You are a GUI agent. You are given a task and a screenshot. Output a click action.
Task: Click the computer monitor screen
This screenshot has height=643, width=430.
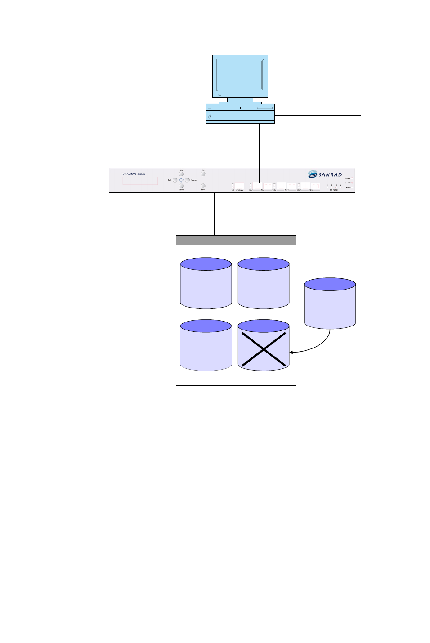pos(239,75)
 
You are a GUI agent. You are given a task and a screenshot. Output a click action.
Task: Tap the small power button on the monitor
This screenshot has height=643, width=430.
pos(219,94)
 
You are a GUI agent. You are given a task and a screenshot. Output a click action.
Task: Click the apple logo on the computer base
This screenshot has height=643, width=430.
pos(210,116)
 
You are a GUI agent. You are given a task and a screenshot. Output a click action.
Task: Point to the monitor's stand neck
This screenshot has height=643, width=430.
pos(240,99)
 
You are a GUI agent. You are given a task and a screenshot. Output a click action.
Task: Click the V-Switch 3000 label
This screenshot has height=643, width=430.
pos(134,174)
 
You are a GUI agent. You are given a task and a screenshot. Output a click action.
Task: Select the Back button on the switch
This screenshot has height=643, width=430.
pos(175,180)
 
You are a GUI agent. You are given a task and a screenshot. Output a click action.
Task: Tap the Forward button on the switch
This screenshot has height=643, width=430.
pos(187,180)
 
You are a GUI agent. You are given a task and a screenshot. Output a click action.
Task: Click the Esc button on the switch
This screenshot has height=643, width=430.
pos(203,174)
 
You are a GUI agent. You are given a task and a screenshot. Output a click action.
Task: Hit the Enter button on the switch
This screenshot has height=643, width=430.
pos(203,185)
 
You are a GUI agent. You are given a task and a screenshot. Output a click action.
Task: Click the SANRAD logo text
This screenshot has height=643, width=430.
pos(330,175)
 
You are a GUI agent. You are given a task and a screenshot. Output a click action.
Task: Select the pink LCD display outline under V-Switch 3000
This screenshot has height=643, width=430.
pos(140,181)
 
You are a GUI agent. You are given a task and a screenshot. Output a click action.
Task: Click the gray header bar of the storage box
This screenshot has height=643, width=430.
pos(236,240)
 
